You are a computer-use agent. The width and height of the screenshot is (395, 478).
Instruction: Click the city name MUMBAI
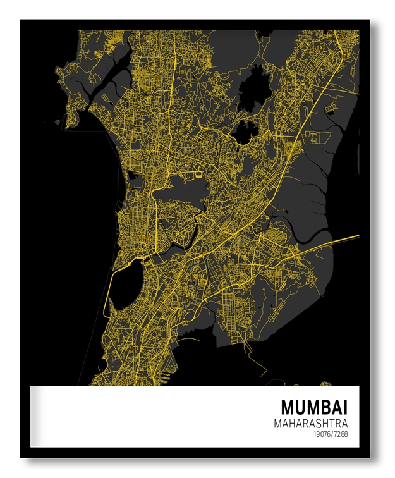[x=314, y=407]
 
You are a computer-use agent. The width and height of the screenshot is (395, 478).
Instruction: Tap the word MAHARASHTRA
[x=312, y=423]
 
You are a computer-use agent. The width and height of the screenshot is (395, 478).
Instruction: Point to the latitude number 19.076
[x=321, y=434]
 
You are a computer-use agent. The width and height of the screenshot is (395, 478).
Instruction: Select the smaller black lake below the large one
[x=245, y=131]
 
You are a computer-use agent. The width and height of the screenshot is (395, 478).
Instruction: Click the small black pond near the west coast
[x=133, y=181]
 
